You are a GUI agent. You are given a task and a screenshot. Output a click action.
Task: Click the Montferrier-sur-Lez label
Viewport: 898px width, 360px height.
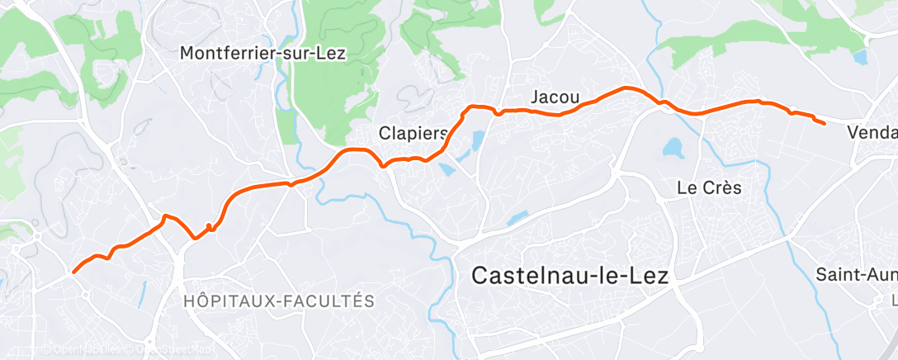point(263,54)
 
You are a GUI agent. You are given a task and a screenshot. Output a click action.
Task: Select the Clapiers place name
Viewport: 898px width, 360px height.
point(413,133)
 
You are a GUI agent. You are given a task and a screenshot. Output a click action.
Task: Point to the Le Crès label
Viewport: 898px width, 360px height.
point(709,187)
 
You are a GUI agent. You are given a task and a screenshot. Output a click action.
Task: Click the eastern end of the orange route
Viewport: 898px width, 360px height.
point(825,123)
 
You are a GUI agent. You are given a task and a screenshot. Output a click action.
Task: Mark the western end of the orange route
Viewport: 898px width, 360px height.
point(74,272)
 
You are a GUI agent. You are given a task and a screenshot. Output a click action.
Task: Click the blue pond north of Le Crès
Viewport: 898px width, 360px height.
point(673,149)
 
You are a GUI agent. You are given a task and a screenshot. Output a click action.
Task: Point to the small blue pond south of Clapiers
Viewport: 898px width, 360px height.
point(447,169)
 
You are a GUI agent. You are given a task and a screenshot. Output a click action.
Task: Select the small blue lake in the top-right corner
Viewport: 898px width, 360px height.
point(861,58)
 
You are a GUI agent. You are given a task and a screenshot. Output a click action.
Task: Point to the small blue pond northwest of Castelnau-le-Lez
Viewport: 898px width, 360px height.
point(518,218)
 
